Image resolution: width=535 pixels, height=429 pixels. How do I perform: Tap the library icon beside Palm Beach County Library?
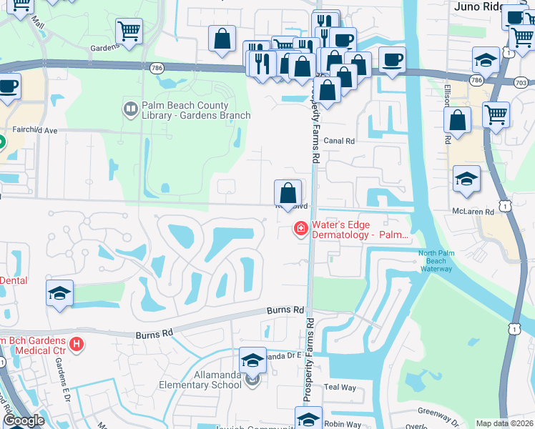click(x=130, y=109)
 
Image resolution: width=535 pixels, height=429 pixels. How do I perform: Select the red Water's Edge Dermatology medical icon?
click(x=300, y=229)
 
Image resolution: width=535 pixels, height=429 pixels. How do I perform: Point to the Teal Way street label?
click(x=340, y=387)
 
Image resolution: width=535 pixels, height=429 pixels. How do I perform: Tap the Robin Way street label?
click(x=343, y=424)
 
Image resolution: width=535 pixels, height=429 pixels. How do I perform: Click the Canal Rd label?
click(x=339, y=141)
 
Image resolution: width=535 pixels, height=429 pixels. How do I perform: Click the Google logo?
click(x=24, y=420)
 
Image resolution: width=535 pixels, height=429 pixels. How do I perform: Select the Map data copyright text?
click(x=504, y=423)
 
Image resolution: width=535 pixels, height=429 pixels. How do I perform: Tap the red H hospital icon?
click(x=77, y=344)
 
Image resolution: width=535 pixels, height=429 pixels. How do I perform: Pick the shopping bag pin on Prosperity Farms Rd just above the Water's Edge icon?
click(x=288, y=192)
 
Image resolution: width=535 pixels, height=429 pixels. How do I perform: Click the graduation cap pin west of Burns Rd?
click(x=59, y=293)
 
